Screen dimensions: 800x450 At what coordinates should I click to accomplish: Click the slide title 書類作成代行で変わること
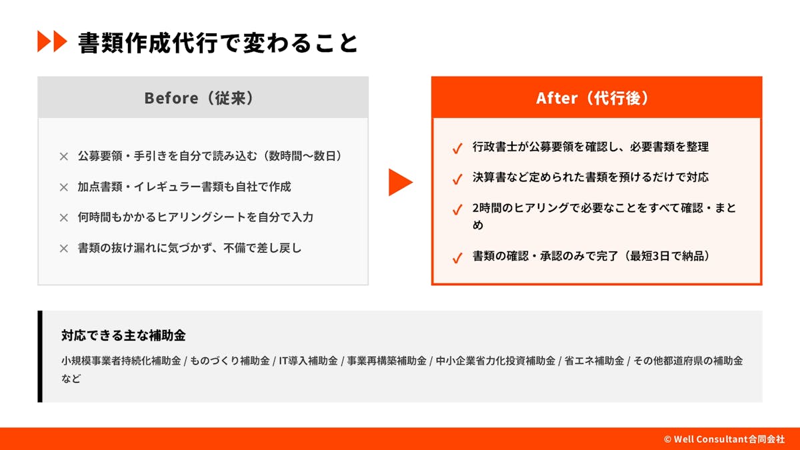218,43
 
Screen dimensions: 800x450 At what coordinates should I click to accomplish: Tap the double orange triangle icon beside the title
52,41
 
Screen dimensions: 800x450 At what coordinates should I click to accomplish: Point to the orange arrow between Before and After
401,182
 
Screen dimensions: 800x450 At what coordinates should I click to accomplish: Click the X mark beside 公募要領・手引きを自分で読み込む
64,157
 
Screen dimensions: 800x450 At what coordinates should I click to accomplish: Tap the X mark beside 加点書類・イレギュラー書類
64,187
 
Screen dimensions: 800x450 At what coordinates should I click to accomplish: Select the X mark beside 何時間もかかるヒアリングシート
64,217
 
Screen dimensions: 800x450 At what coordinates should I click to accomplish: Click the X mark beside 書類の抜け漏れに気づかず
64,248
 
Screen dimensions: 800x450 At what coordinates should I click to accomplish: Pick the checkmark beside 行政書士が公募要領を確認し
457,148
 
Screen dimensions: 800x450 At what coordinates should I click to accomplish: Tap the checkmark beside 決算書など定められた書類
457,179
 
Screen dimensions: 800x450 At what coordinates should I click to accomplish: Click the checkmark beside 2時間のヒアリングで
457,209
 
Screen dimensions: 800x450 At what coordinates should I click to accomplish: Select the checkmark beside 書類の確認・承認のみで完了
457,257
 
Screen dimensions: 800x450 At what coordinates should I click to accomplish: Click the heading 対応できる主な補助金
123,335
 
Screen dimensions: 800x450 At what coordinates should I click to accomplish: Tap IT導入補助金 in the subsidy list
308,361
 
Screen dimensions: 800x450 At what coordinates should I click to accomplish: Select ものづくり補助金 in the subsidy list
229,361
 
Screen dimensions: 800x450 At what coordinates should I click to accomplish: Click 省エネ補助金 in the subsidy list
594,361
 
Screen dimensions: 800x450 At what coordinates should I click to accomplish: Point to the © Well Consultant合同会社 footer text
724,439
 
